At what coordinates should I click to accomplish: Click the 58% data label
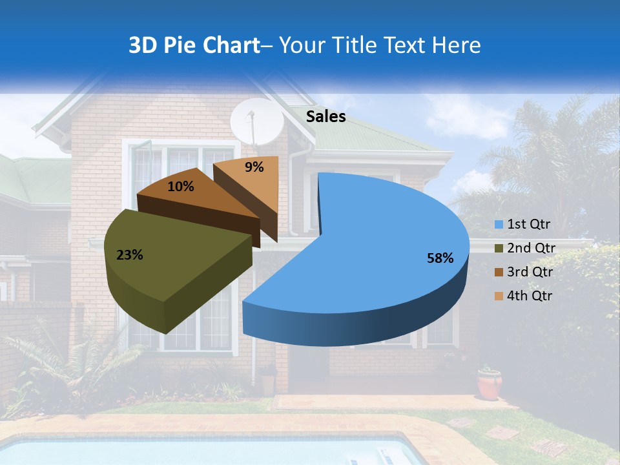440,258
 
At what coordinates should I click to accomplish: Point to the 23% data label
129,255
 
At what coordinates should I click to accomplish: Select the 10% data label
180,187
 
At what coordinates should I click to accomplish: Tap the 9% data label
254,167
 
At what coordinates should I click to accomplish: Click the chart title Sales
325,116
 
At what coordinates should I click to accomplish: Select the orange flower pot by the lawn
490,384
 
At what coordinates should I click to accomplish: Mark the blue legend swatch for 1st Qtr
499,225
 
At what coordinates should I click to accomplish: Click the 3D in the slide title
143,45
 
